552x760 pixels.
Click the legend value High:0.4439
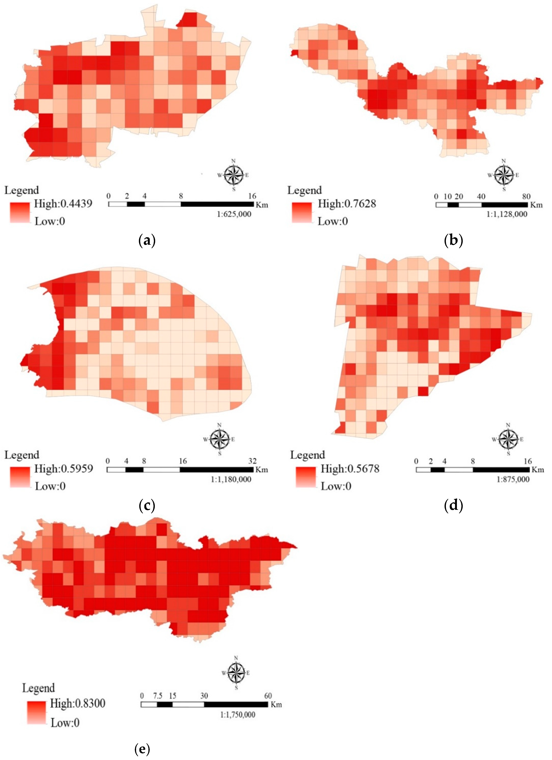pos(63,203)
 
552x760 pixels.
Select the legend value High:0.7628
pos(347,203)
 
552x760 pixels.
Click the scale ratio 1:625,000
pos(234,214)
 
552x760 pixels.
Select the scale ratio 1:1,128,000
pos(507,214)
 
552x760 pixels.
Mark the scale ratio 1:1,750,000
pos(238,715)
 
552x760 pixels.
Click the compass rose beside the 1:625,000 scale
pos(234,175)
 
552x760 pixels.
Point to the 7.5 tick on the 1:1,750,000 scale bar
pos(157,696)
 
